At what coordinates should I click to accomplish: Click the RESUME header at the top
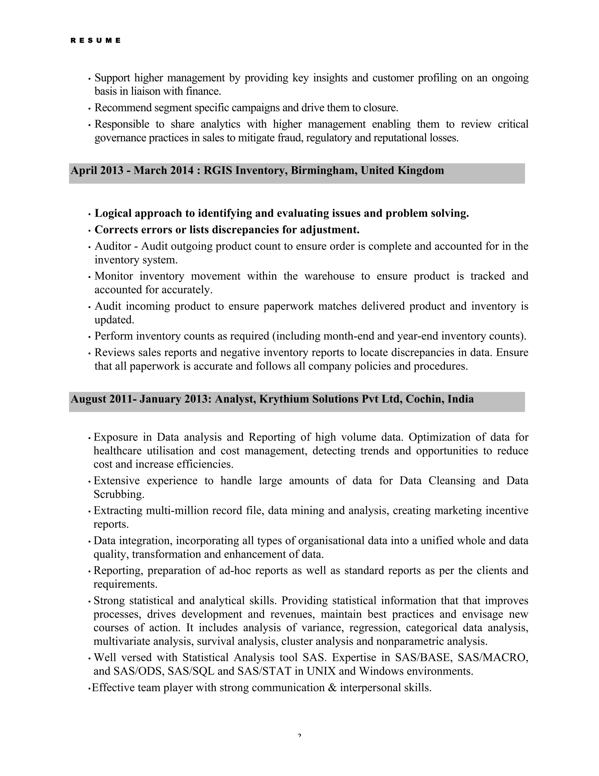(x=95, y=40)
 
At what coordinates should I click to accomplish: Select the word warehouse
(x=329, y=276)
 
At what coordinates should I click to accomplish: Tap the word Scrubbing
(x=118, y=494)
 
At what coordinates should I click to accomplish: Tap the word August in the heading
(x=89, y=399)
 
